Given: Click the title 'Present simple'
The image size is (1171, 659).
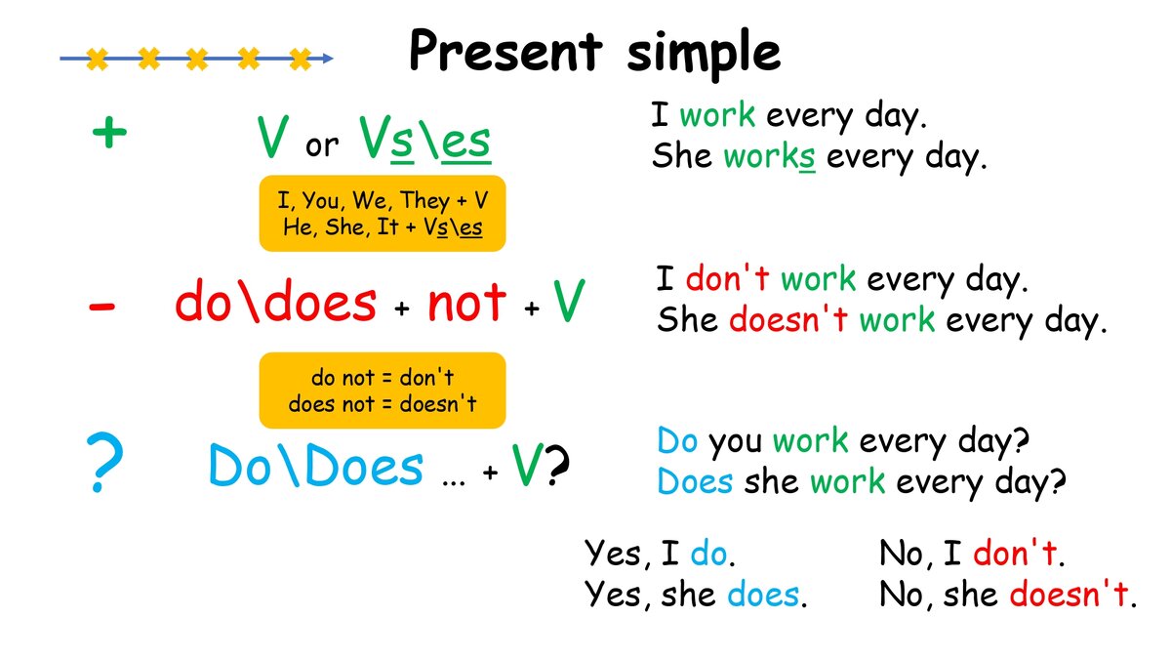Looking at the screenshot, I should [594, 51].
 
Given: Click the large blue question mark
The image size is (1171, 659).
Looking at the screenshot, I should [104, 467].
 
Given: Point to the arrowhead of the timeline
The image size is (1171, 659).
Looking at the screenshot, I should [328, 59].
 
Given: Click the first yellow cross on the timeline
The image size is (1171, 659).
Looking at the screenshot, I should [96, 60].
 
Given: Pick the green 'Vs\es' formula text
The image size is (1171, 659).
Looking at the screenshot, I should [424, 140].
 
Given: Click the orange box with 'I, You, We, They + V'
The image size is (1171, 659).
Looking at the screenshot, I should [382, 214].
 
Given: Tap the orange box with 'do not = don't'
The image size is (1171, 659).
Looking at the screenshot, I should [382, 390].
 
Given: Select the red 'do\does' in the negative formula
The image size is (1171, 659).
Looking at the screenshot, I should [275, 304].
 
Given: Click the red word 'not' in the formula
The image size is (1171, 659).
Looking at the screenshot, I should [466, 304].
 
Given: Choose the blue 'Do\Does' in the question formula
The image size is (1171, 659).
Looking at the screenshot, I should [316, 467].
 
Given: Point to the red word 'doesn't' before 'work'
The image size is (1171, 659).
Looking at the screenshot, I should [788, 319].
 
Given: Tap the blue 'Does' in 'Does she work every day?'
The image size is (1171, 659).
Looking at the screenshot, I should [695, 480].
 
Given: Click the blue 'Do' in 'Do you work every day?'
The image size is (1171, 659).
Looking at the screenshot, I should [677, 441].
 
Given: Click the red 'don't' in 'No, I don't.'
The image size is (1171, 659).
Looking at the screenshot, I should [1015, 554].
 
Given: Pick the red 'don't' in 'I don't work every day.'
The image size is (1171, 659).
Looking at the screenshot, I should [728, 280].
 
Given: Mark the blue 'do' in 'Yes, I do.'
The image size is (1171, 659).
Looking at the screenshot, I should [708, 554].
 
